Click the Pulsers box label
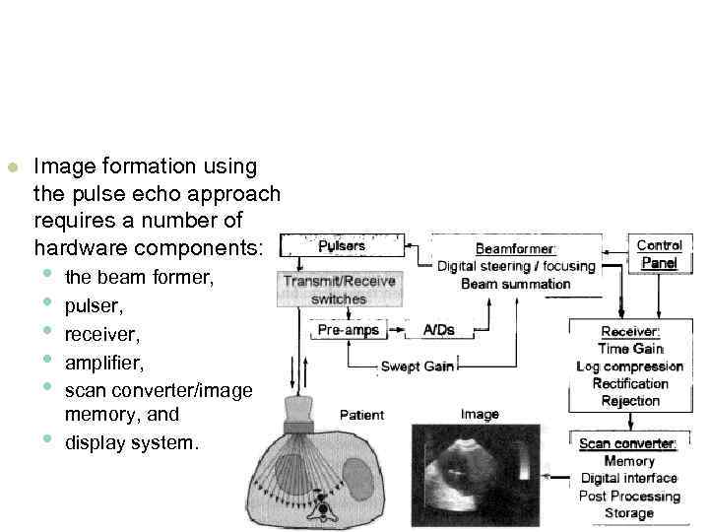(x=341, y=245)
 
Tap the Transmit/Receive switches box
(x=339, y=290)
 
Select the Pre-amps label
(x=348, y=330)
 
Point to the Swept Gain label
(x=418, y=366)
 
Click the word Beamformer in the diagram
(x=516, y=249)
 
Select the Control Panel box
(x=659, y=254)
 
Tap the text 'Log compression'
(x=630, y=366)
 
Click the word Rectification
(x=630, y=383)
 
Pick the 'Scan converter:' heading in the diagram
(x=627, y=444)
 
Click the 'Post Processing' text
(x=630, y=496)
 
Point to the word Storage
(x=629, y=512)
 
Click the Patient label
(x=361, y=414)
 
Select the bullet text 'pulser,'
(x=92, y=306)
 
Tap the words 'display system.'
(x=131, y=443)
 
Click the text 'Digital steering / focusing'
(x=516, y=266)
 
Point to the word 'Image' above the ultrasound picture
(x=479, y=415)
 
